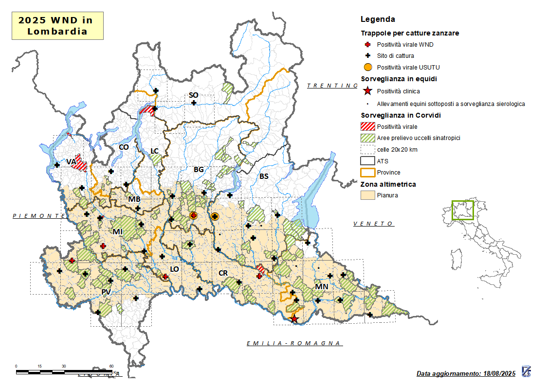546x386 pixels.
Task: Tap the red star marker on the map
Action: pos(294,319)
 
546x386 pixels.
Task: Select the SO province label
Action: pos(193,95)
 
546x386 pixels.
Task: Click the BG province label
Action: pos(199,170)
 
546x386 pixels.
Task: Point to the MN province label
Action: pos(322,287)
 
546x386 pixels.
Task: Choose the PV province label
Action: pos(106,292)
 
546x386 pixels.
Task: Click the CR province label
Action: pos(223,273)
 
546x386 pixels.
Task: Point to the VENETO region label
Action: pos(373,224)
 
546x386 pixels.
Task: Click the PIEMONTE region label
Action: pos(39,215)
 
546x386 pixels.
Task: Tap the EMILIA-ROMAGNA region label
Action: pos(293,344)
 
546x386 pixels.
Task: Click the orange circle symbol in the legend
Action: pos(368,67)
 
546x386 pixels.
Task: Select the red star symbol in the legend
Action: pos(368,91)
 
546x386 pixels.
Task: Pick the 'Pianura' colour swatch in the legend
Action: pos(368,195)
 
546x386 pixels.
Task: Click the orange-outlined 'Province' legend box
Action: pos(368,172)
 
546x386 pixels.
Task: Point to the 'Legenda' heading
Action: pos(378,19)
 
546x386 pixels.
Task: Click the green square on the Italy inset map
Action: pos(462,211)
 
